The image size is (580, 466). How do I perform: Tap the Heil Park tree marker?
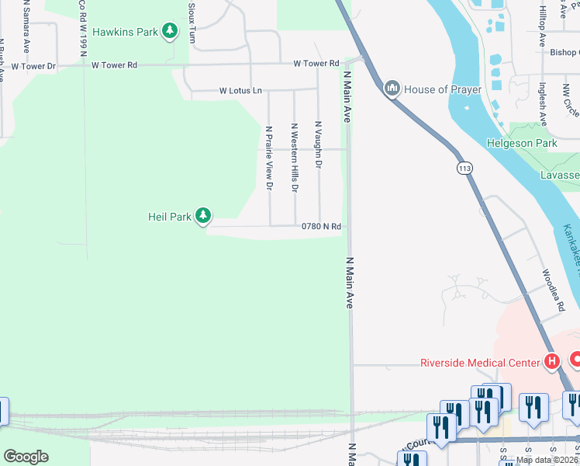pyautogui.click(x=203, y=217)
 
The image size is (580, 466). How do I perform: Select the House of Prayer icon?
pyautogui.click(x=392, y=89)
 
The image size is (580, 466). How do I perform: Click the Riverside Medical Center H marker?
pyautogui.click(x=552, y=362)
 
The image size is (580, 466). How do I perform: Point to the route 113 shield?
pyautogui.click(x=465, y=169)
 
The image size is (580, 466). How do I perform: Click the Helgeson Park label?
pyautogui.click(x=522, y=143)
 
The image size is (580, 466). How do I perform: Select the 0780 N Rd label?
pyautogui.click(x=322, y=227)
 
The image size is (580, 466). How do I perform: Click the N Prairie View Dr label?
pyautogui.click(x=269, y=158)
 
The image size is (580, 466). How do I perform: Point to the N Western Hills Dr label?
pyautogui.click(x=295, y=157)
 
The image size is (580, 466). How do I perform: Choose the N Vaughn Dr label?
pyautogui.click(x=318, y=144)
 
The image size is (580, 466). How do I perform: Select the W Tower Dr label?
pyautogui.click(x=30, y=67)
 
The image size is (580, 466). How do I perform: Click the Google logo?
pyautogui.click(x=26, y=457)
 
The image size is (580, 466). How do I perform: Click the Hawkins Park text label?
pyautogui.click(x=125, y=32)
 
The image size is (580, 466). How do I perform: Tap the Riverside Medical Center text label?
pyautogui.click(x=479, y=363)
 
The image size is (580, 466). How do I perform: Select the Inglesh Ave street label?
pyautogui.click(x=544, y=104)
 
